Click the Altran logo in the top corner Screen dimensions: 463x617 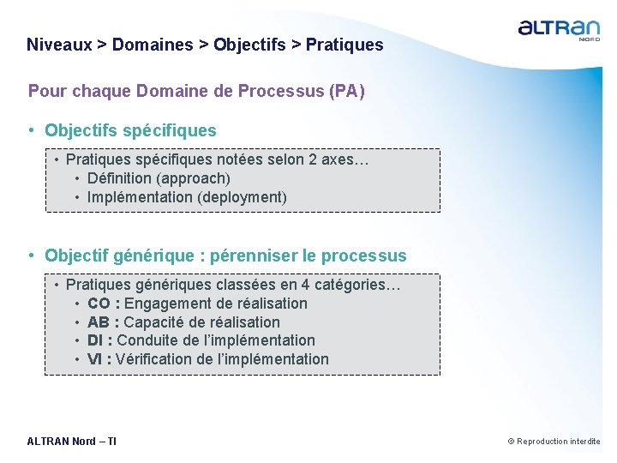pyautogui.click(x=559, y=30)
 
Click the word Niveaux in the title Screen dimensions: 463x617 pyautogui.click(x=59, y=45)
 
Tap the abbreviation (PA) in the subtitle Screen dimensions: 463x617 pyautogui.click(x=347, y=91)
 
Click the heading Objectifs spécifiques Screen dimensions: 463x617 pyautogui.click(x=130, y=130)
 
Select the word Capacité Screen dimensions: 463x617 pyautogui.click(x=153, y=322)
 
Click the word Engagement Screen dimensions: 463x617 pyautogui.click(x=163, y=304)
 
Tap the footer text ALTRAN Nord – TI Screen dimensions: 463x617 pyautogui.click(x=72, y=442)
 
